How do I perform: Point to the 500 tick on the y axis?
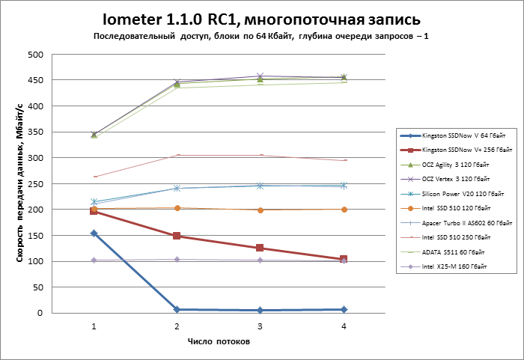34,55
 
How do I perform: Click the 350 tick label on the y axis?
34,132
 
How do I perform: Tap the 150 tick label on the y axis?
34,236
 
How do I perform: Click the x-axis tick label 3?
260,326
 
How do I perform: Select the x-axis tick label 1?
94,326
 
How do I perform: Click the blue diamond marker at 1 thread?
94,234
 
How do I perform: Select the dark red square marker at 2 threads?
177,236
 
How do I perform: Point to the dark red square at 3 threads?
260,248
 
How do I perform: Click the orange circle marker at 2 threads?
177,208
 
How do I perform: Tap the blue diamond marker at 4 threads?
343,309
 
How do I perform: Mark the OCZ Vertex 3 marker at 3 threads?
260,76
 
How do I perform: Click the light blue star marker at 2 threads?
177,188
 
